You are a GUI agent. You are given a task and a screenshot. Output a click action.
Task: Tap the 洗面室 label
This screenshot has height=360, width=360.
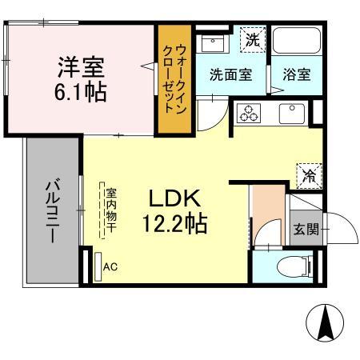click(230, 76)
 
